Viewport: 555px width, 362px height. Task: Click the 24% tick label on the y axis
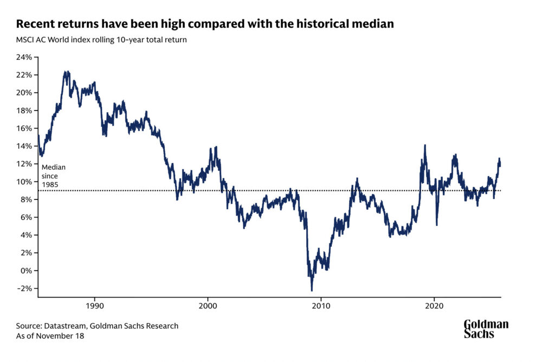[25, 57]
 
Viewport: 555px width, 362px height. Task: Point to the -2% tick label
[25, 288]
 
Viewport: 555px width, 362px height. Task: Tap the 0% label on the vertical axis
[27, 270]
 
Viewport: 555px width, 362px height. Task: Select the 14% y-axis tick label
[25, 146]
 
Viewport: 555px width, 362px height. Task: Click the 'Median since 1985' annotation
[53, 176]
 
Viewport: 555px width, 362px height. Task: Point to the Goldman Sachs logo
[486, 328]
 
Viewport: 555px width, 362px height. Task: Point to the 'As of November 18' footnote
[50, 336]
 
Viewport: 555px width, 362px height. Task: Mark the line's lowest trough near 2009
[312, 290]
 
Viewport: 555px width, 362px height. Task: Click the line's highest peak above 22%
[66, 71]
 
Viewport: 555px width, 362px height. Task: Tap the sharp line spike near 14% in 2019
[425, 145]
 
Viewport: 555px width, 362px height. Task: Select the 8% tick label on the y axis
[27, 199]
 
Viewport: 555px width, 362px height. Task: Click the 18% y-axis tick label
[25, 111]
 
